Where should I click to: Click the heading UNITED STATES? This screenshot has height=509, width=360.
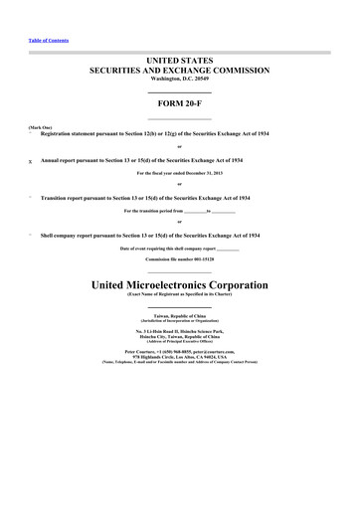point(179,62)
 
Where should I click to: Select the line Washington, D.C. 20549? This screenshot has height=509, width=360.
point(179,80)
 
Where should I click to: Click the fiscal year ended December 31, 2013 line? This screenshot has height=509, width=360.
point(179,172)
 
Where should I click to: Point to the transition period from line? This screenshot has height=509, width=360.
point(179,210)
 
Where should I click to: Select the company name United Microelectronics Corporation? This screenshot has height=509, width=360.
point(179,284)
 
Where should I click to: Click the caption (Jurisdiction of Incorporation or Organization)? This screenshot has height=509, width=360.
point(179,319)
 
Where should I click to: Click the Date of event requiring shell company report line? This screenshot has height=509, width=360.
point(179,247)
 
